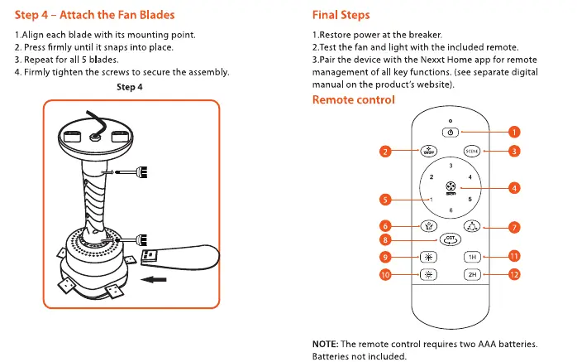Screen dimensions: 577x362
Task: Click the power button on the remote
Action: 451,132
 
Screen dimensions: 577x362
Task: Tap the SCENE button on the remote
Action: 472,151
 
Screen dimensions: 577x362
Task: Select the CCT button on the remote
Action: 450,239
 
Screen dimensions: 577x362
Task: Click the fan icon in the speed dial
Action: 451,186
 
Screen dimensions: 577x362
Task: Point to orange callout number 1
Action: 514,132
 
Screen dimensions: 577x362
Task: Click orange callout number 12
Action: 514,274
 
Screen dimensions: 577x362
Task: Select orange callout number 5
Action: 385,200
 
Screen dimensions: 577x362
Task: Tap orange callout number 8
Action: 385,240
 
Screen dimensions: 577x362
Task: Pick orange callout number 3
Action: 514,151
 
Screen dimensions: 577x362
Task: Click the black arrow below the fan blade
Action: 154,279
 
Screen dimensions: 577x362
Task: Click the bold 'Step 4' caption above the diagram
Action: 130,87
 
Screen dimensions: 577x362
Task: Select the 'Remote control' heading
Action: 353,100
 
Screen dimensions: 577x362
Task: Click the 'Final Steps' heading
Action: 341,15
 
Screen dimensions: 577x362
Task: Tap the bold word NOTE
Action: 326,344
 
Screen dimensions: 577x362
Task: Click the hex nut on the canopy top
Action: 94,137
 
